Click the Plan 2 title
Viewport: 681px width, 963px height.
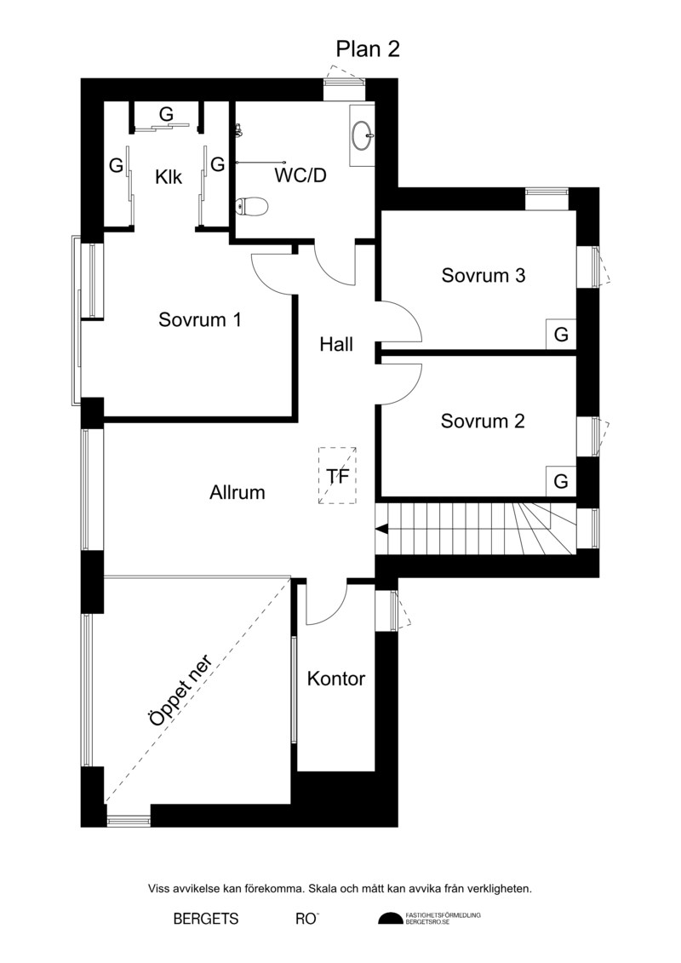tap(368, 49)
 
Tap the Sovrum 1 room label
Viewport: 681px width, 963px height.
tap(199, 319)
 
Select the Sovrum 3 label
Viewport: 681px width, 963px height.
tap(484, 275)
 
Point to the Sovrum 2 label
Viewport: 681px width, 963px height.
tap(483, 421)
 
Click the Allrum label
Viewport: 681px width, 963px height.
tap(237, 492)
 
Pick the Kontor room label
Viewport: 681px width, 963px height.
tap(336, 679)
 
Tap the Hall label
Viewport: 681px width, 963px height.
tap(336, 344)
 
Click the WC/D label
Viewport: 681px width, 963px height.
tap(300, 175)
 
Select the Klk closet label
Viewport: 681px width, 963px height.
tap(169, 177)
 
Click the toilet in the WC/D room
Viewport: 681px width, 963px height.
tap(252, 207)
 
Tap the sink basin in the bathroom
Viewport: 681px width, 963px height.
tap(363, 135)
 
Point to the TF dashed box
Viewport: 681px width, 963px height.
tap(337, 475)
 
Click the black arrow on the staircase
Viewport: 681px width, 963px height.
tap(381, 529)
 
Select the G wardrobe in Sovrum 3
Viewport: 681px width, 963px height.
tap(561, 335)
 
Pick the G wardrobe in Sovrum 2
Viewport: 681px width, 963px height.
tap(561, 481)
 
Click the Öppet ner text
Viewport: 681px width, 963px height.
tap(180, 691)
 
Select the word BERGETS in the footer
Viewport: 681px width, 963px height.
tap(206, 919)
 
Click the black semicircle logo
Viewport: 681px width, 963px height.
tap(391, 919)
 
